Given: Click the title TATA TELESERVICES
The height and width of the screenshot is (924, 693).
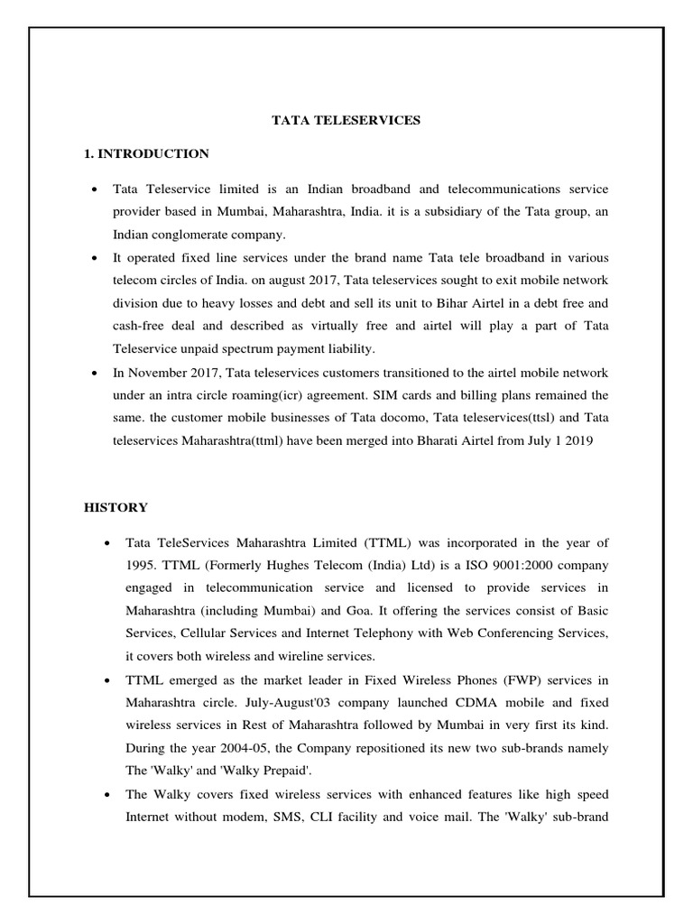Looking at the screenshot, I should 346,120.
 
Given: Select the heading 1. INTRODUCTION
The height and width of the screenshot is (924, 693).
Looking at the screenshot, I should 146,154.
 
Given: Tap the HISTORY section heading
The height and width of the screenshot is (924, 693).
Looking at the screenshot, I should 115,508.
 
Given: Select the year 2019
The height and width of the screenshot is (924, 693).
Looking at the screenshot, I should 577,442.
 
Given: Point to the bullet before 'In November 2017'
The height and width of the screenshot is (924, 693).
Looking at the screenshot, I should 95,373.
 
